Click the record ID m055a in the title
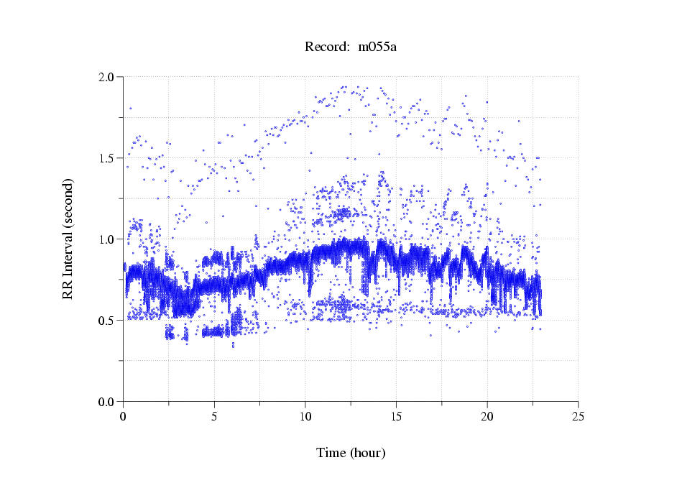377,47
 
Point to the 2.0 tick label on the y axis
106,76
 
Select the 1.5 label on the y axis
106,157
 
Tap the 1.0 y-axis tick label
106,239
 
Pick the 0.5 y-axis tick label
106,320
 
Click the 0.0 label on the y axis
106,401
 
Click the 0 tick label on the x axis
124,416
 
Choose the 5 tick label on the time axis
214,416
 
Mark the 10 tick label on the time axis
305,416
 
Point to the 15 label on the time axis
396,416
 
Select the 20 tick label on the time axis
487,416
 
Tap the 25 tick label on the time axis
578,416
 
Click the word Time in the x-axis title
331,454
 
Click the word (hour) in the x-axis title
368,454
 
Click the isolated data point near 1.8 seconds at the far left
130,109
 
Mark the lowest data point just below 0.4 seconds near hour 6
233,346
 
